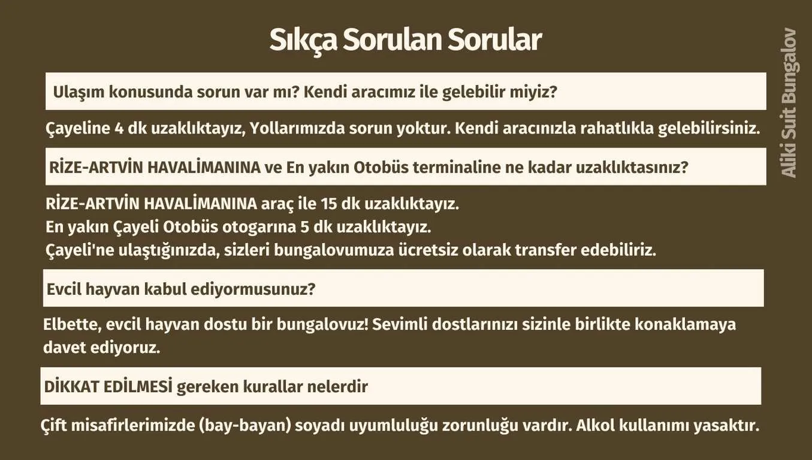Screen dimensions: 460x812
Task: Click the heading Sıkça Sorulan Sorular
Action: (x=406, y=40)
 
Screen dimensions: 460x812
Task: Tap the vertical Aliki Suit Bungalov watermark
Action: (x=789, y=102)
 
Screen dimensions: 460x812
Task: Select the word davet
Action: (x=61, y=348)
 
